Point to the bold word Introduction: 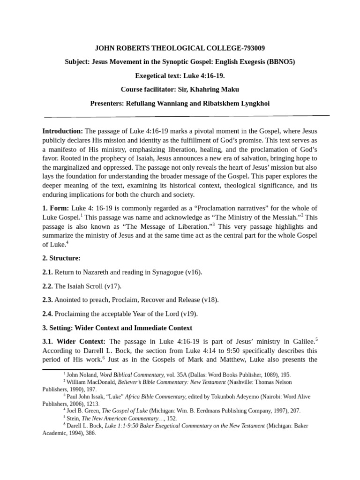point(62,131)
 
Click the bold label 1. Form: point(55,208)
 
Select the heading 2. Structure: point(61,258)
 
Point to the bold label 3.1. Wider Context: point(74,341)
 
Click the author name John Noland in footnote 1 point(81,375)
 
